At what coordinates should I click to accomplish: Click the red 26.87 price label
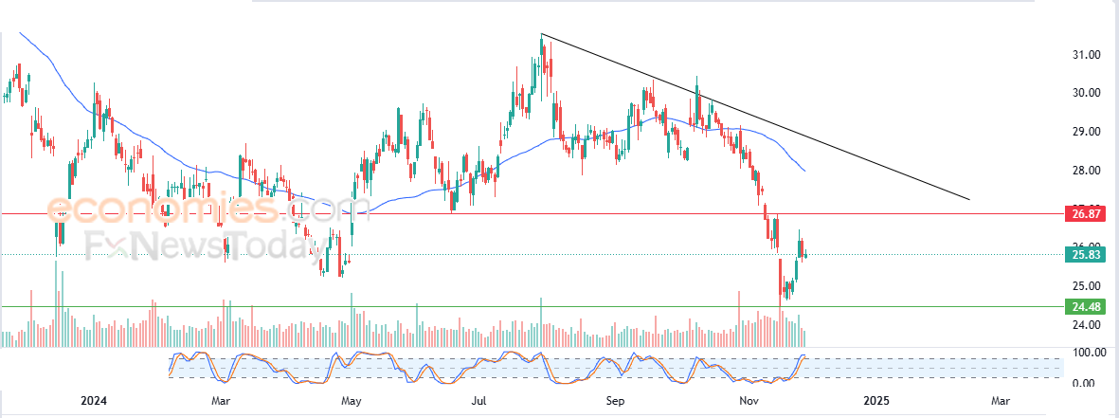point(1085,214)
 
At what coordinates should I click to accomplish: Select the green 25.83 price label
point(1085,254)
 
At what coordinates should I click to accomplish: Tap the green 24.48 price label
point(1085,307)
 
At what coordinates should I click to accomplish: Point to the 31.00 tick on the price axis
point(1085,55)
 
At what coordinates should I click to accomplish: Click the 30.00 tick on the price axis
point(1085,93)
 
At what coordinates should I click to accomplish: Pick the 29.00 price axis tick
point(1085,132)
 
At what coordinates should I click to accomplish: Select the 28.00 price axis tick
point(1085,171)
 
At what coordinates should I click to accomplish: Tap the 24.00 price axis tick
point(1085,325)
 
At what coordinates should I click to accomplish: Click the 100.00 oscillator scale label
point(1082,353)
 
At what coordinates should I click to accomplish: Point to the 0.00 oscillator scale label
point(1085,383)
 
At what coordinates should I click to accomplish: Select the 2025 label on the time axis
point(876,401)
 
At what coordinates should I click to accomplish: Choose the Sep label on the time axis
point(616,401)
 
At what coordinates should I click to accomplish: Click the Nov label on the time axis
point(749,401)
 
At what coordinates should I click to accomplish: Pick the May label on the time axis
point(352,401)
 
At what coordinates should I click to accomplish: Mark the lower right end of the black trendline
point(970,200)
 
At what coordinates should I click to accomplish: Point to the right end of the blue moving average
point(805,171)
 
